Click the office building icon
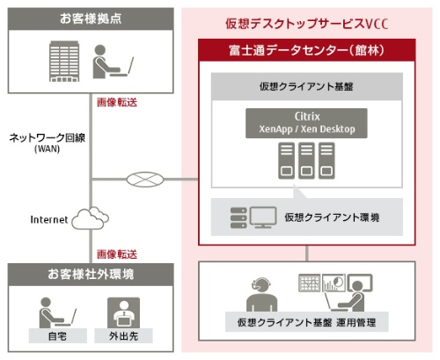coord(64,61)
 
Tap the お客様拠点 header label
coord(91,18)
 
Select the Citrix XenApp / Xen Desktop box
coord(306,123)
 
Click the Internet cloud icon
coord(90,218)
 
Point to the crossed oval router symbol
coord(145,180)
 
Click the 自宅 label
coord(57,336)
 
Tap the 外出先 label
coord(123,336)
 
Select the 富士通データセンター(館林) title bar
coord(307,50)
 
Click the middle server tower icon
coord(306,160)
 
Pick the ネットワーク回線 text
coord(48,137)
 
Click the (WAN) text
coord(48,149)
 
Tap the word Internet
coord(49,219)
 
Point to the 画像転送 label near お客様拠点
coord(117,102)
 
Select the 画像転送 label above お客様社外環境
coord(117,254)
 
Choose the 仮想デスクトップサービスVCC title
coord(307,24)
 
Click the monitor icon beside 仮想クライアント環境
coord(263,217)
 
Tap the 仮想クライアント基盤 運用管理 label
coord(306,322)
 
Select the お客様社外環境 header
coord(91,275)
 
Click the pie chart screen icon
coord(334,283)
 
